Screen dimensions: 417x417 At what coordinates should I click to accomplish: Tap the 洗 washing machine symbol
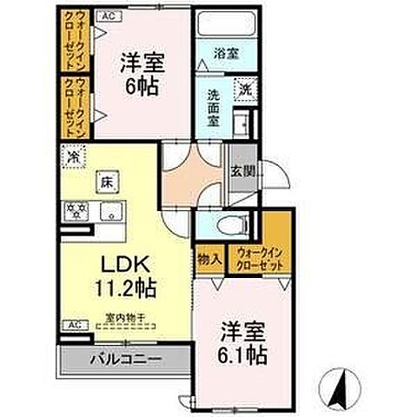point(246,89)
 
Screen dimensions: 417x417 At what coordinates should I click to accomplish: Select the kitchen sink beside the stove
point(110,210)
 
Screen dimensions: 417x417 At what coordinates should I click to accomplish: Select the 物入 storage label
point(208,259)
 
